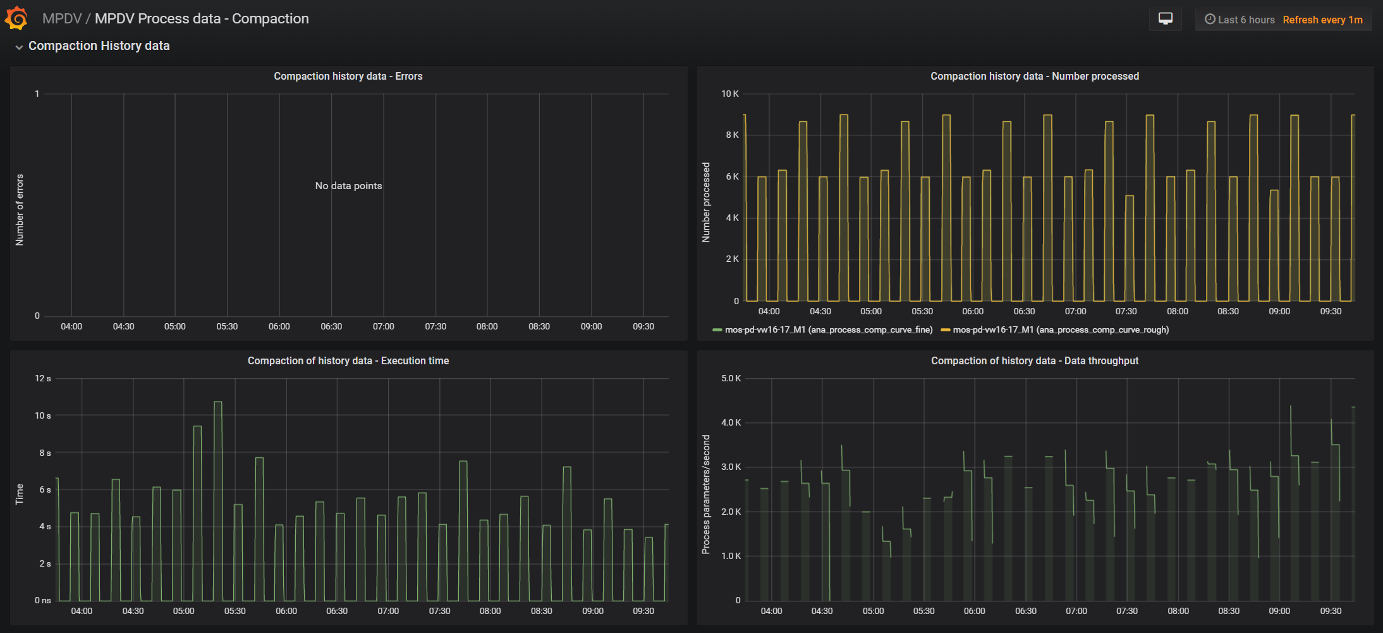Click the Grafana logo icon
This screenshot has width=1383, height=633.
[x=16, y=18]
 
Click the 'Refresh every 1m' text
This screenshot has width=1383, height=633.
[x=1322, y=20]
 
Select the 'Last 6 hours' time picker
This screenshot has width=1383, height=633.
[x=1240, y=20]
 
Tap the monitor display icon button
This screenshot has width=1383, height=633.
[x=1165, y=19]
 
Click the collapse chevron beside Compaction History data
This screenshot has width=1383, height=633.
[x=19, y=47]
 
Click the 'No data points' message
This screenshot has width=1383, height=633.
[x=348, y=186]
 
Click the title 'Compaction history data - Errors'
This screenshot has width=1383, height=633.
[x=348, y=76]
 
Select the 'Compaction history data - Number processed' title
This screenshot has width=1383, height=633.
[x=1034, y=76]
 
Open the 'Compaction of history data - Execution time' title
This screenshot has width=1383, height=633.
[x=348, y=360]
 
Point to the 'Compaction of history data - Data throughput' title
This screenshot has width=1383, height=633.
[x=1034, y=360]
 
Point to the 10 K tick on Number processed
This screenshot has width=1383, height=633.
[x=729, y=94]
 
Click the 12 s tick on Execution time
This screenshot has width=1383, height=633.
[x=43, y=378]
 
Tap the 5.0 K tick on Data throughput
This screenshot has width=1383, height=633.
[x=731, y=378]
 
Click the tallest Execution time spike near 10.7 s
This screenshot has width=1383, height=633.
[x=218, y=403]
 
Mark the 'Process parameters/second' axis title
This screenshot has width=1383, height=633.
[x=706, y=495]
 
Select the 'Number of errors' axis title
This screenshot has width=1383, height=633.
[x=20, y=210]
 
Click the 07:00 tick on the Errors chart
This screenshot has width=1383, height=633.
[x=383, y=326]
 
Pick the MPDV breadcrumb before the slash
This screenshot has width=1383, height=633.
[x=61, y=19]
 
